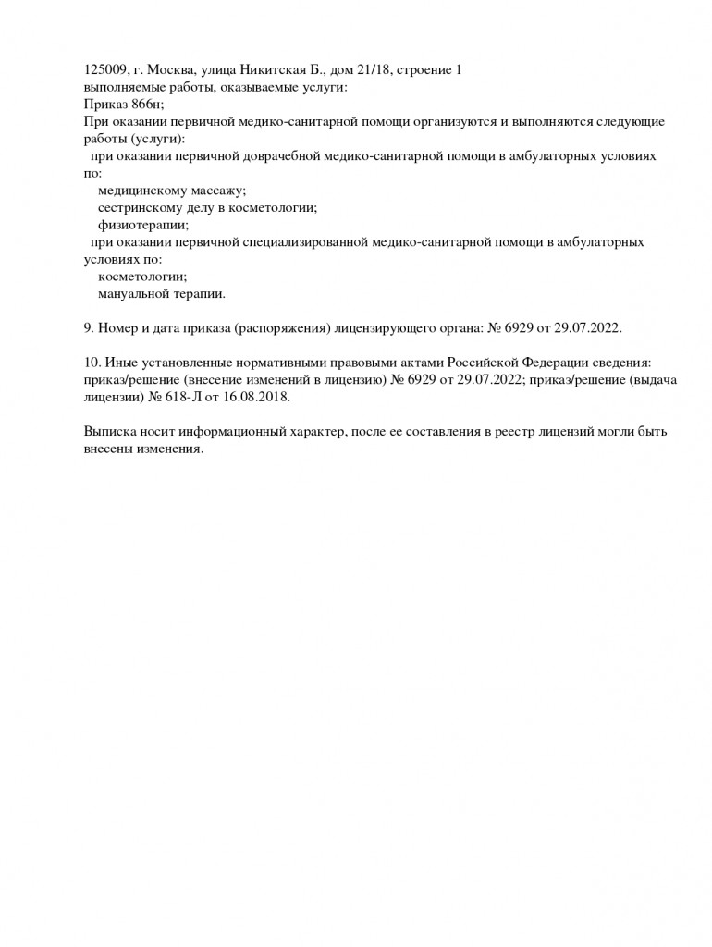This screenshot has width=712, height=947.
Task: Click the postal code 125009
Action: pyautogui.click(x=103, y=69)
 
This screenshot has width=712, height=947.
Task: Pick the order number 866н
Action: pyautogui.click(x=146, y=105)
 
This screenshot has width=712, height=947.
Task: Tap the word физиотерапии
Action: pyautogui.click(x=142, y=225)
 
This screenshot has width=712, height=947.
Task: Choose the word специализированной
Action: pyautogui.click(x=301, y=242)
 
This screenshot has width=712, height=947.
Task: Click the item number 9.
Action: pyautogui.click(x=88, y=328)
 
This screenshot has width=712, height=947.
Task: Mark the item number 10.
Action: pyautogui.click(x=92, y=363)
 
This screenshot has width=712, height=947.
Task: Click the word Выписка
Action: pyautogui.click(x=110, y=432)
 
